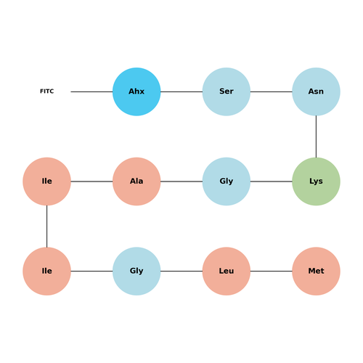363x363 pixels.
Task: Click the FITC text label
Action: click(x=47, y=91)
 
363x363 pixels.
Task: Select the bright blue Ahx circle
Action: click(x=136, y=91)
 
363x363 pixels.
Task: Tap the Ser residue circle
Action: click(x=227, y=91)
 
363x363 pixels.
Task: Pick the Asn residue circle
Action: click(x=316, y=91)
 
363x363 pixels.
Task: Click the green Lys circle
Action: click(x=316, y=181)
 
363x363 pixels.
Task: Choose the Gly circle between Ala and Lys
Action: click(x=227, y=181)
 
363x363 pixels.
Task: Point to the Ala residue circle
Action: click(x=136, y=181)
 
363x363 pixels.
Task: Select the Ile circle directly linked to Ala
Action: click(x=46, y=181)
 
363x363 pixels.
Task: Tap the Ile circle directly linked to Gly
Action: click(x=46, y=271)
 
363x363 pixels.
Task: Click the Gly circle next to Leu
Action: click(x=136, y=271)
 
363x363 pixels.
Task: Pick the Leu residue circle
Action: click(x=227, y=271)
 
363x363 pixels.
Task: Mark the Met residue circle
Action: click(x=316, y=271)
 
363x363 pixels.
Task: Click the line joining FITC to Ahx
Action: click(x=91, y=91)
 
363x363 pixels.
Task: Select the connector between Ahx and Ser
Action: click(x=181, y=91)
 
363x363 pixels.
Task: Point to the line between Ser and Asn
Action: click(x=272, y=91)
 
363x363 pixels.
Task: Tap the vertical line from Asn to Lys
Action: click(x=316, y=136)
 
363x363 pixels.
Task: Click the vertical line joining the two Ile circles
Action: click(x=46, y=227)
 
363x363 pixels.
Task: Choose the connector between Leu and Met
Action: click(x=272, y=271)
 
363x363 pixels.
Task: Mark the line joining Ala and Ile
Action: click(x=91, y=181)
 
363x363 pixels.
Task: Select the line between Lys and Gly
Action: click(x=272, y=181)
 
